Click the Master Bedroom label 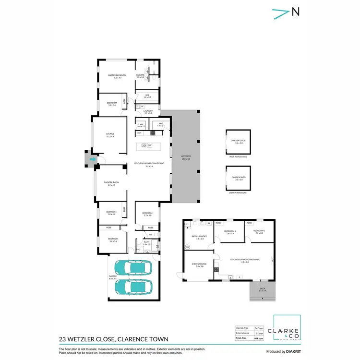(114, 75)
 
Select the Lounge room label (110, 135)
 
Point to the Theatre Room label (110, 183)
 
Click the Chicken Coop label (239, 141)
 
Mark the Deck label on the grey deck (262, 289)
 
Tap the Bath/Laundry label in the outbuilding (197, 237)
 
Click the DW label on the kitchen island (149, 145)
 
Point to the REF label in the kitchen (139, 133)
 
